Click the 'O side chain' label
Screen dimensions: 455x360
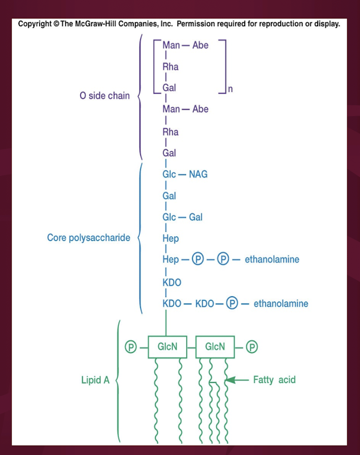tap(104, 96)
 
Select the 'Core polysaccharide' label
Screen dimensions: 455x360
tap(89, 238)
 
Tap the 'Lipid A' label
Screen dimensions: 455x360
tap(95, 380)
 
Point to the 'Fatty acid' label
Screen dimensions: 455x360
tap(274, 380)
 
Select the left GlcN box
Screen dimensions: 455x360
tap(167, 347)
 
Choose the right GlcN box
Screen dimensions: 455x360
tap(215, 347)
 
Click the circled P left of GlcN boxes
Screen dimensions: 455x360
tap(130, 347)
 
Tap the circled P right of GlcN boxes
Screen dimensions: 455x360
tap(252, 347)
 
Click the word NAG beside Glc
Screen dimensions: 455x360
tap(198, 175)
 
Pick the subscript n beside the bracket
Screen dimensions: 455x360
tap(230, 89)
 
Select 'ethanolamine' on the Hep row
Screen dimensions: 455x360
tap(272, 260)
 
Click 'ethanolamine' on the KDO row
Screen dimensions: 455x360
tap(281, 304)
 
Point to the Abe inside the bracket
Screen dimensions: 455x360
tap(200, 45)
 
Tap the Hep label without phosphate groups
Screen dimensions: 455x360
tap(170, 239)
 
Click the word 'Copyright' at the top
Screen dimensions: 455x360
tap(36, 25)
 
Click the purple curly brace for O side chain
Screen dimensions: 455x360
tap(139, 96)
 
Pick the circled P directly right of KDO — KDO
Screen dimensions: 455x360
tap(232, 304)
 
